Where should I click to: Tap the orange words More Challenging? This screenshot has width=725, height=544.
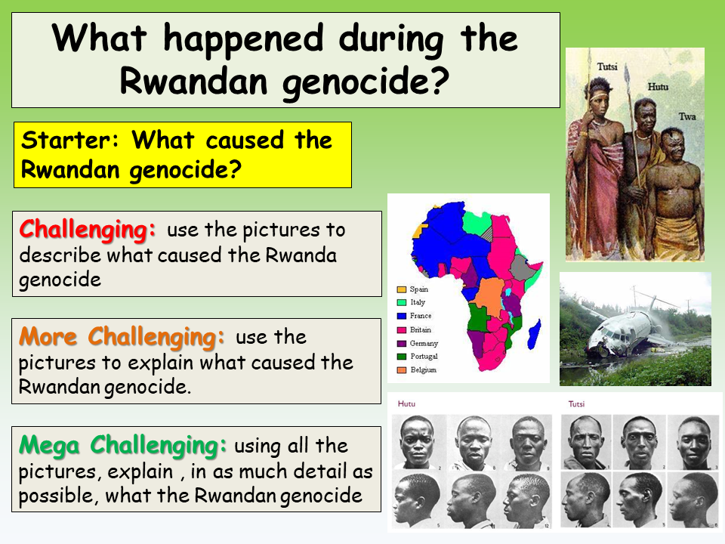tap(122, 335)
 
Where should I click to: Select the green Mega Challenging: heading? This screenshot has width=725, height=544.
tap(123, 445)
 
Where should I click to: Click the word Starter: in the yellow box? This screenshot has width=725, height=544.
tap(72, 141)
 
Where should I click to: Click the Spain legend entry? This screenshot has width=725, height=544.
tap(418, 289)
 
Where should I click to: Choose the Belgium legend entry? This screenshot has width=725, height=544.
tap(423, 370)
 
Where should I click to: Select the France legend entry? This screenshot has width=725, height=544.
tap(421, 316)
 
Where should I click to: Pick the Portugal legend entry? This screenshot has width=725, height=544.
tap(424, 357)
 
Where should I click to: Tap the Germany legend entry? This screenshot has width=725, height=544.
tap(424, 343)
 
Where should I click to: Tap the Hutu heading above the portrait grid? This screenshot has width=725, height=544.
tap(406, 404)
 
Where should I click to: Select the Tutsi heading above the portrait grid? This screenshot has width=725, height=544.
tap(577, 404)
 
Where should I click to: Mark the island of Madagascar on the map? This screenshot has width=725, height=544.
tap(534, 331)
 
